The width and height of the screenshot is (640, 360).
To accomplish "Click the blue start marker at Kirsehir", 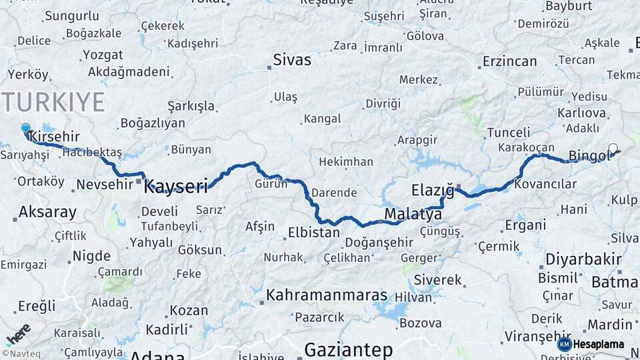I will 26,128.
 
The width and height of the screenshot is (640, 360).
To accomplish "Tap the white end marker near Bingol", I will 613,149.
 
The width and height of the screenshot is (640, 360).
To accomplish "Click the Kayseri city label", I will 176,185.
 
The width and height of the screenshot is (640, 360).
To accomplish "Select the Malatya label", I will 413,215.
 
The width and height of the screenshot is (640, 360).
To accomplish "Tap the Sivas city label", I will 292,60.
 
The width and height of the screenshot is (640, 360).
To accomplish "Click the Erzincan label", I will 509,61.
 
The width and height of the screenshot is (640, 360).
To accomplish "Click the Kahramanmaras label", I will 327,295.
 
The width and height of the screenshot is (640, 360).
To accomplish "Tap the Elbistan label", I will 314,233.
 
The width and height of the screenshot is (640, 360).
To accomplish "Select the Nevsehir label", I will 105,184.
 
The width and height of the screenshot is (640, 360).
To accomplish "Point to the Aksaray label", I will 47,213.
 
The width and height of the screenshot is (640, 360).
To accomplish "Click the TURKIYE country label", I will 53,102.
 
